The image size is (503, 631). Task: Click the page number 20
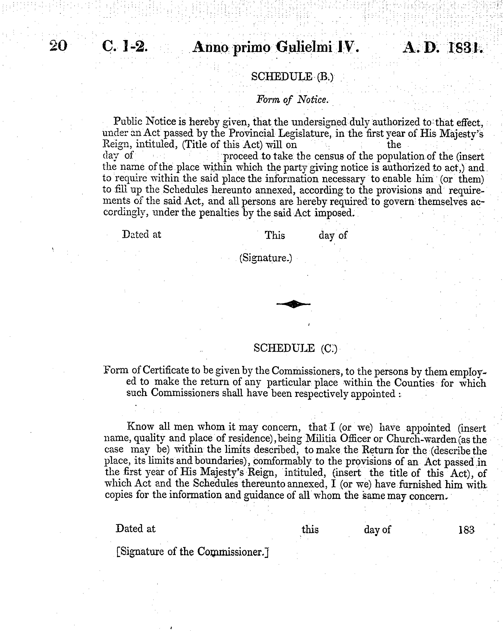[59, 46]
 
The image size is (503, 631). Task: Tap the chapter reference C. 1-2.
[125, 47]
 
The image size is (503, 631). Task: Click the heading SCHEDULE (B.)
[292, 77]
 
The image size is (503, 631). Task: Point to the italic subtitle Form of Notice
[292, 100]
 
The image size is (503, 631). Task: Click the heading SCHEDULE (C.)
[295, 348]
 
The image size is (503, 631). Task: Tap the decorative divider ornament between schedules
[293, 304]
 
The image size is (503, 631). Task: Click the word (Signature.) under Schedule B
[265, 258]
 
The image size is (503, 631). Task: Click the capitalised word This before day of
[274, 235]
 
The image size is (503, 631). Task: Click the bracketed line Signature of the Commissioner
[192, 552]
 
